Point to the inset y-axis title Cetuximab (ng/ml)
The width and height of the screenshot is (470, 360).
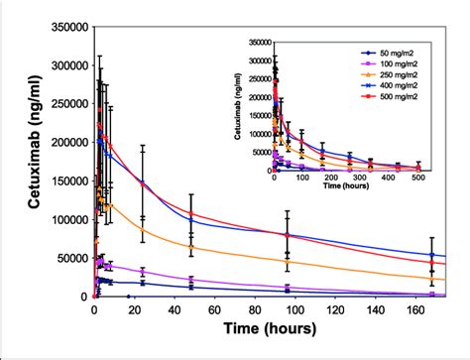[238, 107]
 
